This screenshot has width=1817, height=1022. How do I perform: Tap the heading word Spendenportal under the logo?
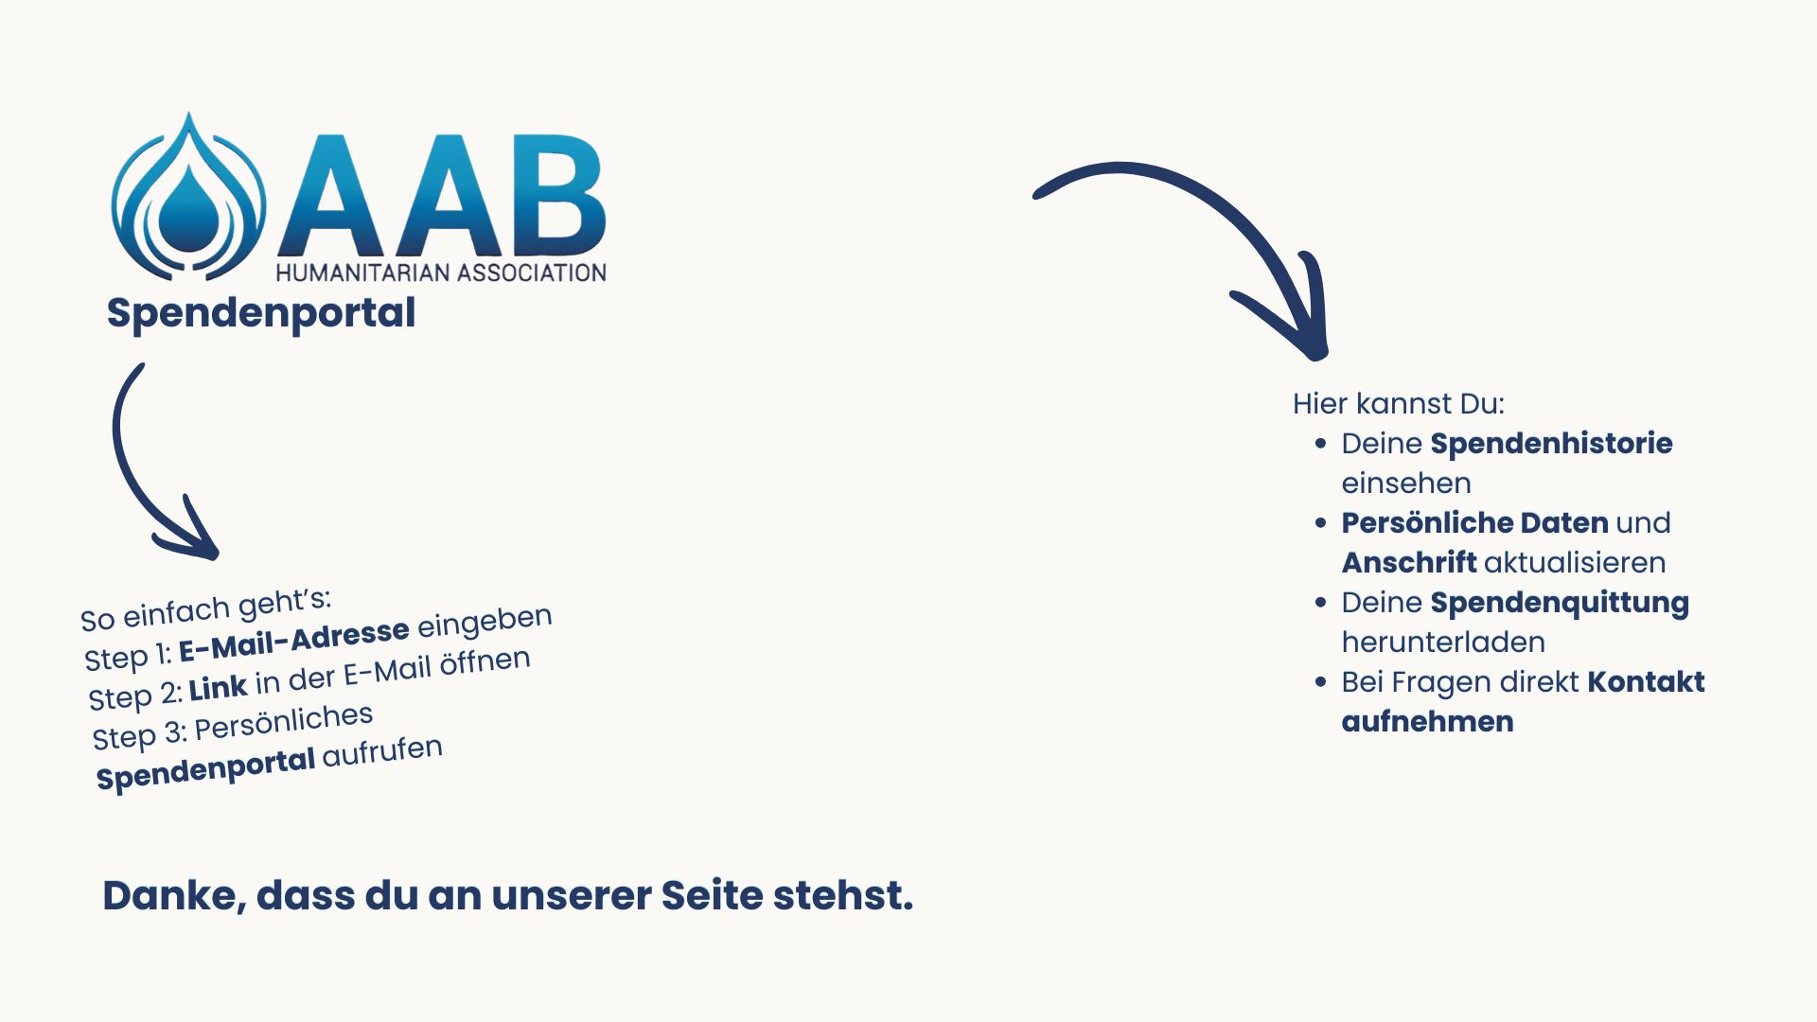pos(261,313)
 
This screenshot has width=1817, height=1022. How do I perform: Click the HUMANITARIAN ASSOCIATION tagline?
pos(441,273)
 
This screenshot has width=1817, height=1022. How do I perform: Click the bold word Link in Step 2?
pos(219,688)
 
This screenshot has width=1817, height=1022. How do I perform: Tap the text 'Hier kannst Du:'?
pos(1399,404)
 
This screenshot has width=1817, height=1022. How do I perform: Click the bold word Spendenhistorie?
pos(1551,444)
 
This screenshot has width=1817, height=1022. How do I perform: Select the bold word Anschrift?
pos(1409,562)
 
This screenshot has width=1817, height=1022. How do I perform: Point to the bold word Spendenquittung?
pos(1560,603)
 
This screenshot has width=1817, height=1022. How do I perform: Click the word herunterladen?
pos(1443,642)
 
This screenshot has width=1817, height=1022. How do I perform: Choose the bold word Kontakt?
pos(1646,681)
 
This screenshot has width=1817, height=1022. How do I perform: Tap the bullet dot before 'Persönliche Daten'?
pos(1321,522)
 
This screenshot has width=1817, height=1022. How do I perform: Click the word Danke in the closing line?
pos(175,895)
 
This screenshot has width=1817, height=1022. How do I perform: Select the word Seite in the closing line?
pos(711,895)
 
